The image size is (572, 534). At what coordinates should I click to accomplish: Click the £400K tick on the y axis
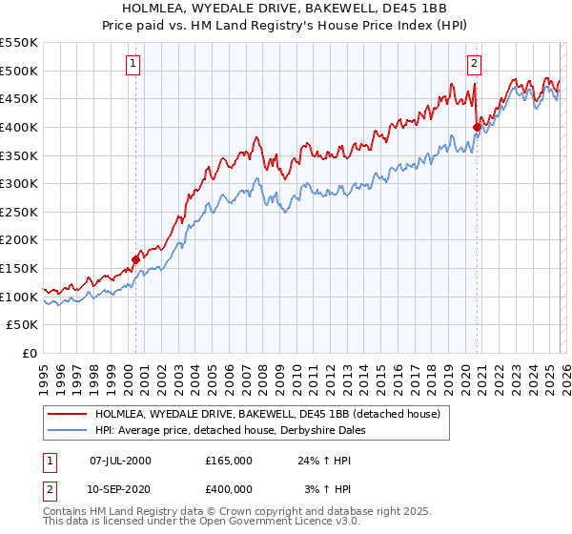(x=19, y=127)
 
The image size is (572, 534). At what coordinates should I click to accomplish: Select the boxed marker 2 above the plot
(x=474, y=65)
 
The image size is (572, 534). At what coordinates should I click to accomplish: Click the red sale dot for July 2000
(x=135, y=258)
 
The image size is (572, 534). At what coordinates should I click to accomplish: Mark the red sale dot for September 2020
(x=477, y=126)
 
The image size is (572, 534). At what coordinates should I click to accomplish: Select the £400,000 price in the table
(x=228, y=488)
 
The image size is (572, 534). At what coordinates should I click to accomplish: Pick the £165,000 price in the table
(x=228, y=461)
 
